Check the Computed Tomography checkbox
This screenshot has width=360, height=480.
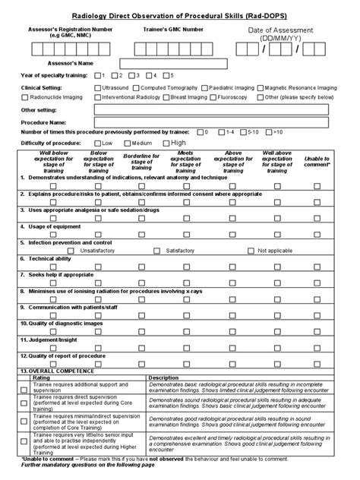pyautogui.click(x=137, y=87)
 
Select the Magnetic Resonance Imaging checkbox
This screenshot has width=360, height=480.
pyautogui.click(x=261, y=87)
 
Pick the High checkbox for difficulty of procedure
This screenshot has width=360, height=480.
pyautogui.click(x=166, y=143)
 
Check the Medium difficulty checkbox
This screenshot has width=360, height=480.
pyautogui.click(x=127, y=143)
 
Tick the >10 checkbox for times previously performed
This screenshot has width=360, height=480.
pyautogui.click(x=268, y=132)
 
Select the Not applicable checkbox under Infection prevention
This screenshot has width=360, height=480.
pyautogui.click(x=252, y=250)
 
